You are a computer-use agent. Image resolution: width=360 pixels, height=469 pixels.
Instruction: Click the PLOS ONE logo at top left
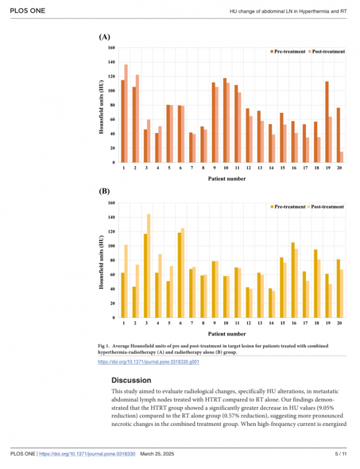(x=28, y=11)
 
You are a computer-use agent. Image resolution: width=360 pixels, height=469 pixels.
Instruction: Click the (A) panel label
(x=104, y=37)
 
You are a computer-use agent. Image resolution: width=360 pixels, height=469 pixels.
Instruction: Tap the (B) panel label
(x=104, y=191)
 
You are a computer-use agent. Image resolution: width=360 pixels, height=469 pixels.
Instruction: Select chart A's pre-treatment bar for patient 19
(x=327, y=122)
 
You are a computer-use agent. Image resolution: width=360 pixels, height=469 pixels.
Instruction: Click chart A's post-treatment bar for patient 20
(x=341, y=157)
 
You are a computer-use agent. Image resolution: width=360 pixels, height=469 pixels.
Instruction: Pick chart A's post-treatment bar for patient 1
(x=126, y=113)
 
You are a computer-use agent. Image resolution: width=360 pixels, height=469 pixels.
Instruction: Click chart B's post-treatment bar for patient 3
(x=149, y=266)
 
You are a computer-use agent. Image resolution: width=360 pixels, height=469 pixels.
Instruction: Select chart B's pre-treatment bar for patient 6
(x=179, y=275)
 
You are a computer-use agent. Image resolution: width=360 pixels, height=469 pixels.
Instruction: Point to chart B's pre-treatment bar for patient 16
(x=293, y=280)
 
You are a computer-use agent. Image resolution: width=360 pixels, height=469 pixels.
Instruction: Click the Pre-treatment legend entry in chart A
(x=288, y=52)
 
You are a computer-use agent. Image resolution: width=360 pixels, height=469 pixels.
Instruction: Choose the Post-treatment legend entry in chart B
(x=326, y=207)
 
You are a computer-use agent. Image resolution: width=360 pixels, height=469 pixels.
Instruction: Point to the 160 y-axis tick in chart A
(x=112, y=48)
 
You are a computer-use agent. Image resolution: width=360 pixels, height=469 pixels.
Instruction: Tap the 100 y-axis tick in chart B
(x=112, y=246)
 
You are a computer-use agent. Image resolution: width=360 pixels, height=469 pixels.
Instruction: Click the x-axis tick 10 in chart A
(x=226, y=168)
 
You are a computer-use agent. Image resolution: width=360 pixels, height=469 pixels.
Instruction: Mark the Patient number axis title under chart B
(x=227, y=334)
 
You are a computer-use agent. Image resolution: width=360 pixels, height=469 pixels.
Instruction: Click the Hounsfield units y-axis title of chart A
(x=101, y=107)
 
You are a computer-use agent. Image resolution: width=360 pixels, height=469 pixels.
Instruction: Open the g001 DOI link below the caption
(x=148, y=362)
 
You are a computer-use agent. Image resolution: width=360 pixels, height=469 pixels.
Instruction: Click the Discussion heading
(x=131, y=380)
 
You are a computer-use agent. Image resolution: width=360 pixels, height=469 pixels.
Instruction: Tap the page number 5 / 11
(x=341, y=454)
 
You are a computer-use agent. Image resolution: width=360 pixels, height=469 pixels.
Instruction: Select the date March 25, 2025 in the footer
(x=157, y=454)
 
